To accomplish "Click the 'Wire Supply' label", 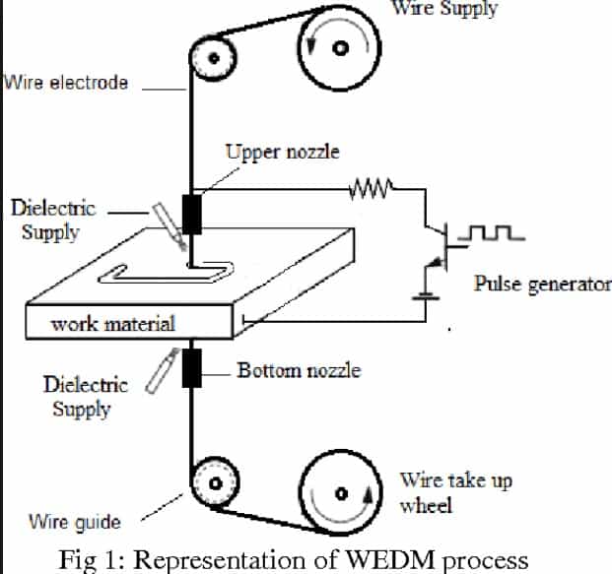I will click(445, 9).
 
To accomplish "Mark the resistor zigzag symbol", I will click(372, 186).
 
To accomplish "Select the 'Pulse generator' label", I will click(542, 285).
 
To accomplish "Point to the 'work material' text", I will click(112, 323).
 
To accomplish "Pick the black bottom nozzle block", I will click(190, 368).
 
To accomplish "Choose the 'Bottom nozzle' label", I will click(299, 371).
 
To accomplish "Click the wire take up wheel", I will click(339, 492).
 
